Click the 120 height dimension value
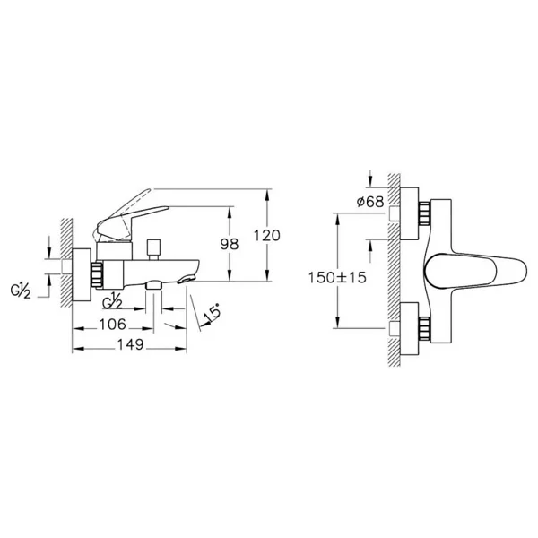click(x=267, y=236)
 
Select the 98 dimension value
click(x=230, y=244)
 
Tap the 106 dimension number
click(x=113, y=325)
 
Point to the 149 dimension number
click(x=130, y=344)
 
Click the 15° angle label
click(x=212, y=315)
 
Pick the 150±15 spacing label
click(x=337, y=278)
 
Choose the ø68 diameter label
click(x=370, y=202)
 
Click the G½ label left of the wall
click(x=21, y=291)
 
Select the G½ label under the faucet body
click(x=112, y=301)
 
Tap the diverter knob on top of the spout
click(x=153, y=249)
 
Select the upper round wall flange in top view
click(x=410, y=213)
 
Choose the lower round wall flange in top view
click(x=410, y=328)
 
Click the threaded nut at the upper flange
click(x=424, y=213)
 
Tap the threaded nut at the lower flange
click(x=424, y=328)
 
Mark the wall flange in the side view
click(x=82, y=275)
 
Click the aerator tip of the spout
click(x=186, y=280)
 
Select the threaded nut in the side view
click(x=97, y=274)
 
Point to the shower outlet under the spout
click(x=153, y=285)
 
